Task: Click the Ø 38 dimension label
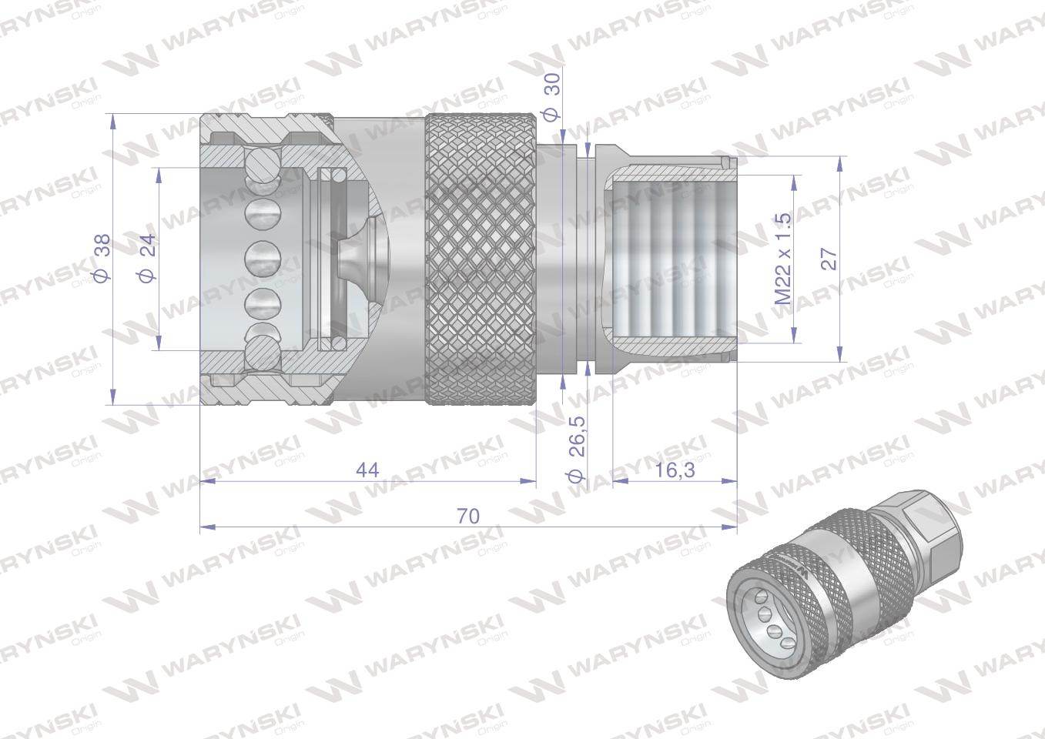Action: (102, 259)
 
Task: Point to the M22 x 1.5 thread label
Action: (783, 259)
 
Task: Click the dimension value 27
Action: (829, 259)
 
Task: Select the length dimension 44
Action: (367, 470)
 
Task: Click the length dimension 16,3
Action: (675, 470)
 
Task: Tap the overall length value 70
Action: (468, 517)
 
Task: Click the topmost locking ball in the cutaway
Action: (262, 163)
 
